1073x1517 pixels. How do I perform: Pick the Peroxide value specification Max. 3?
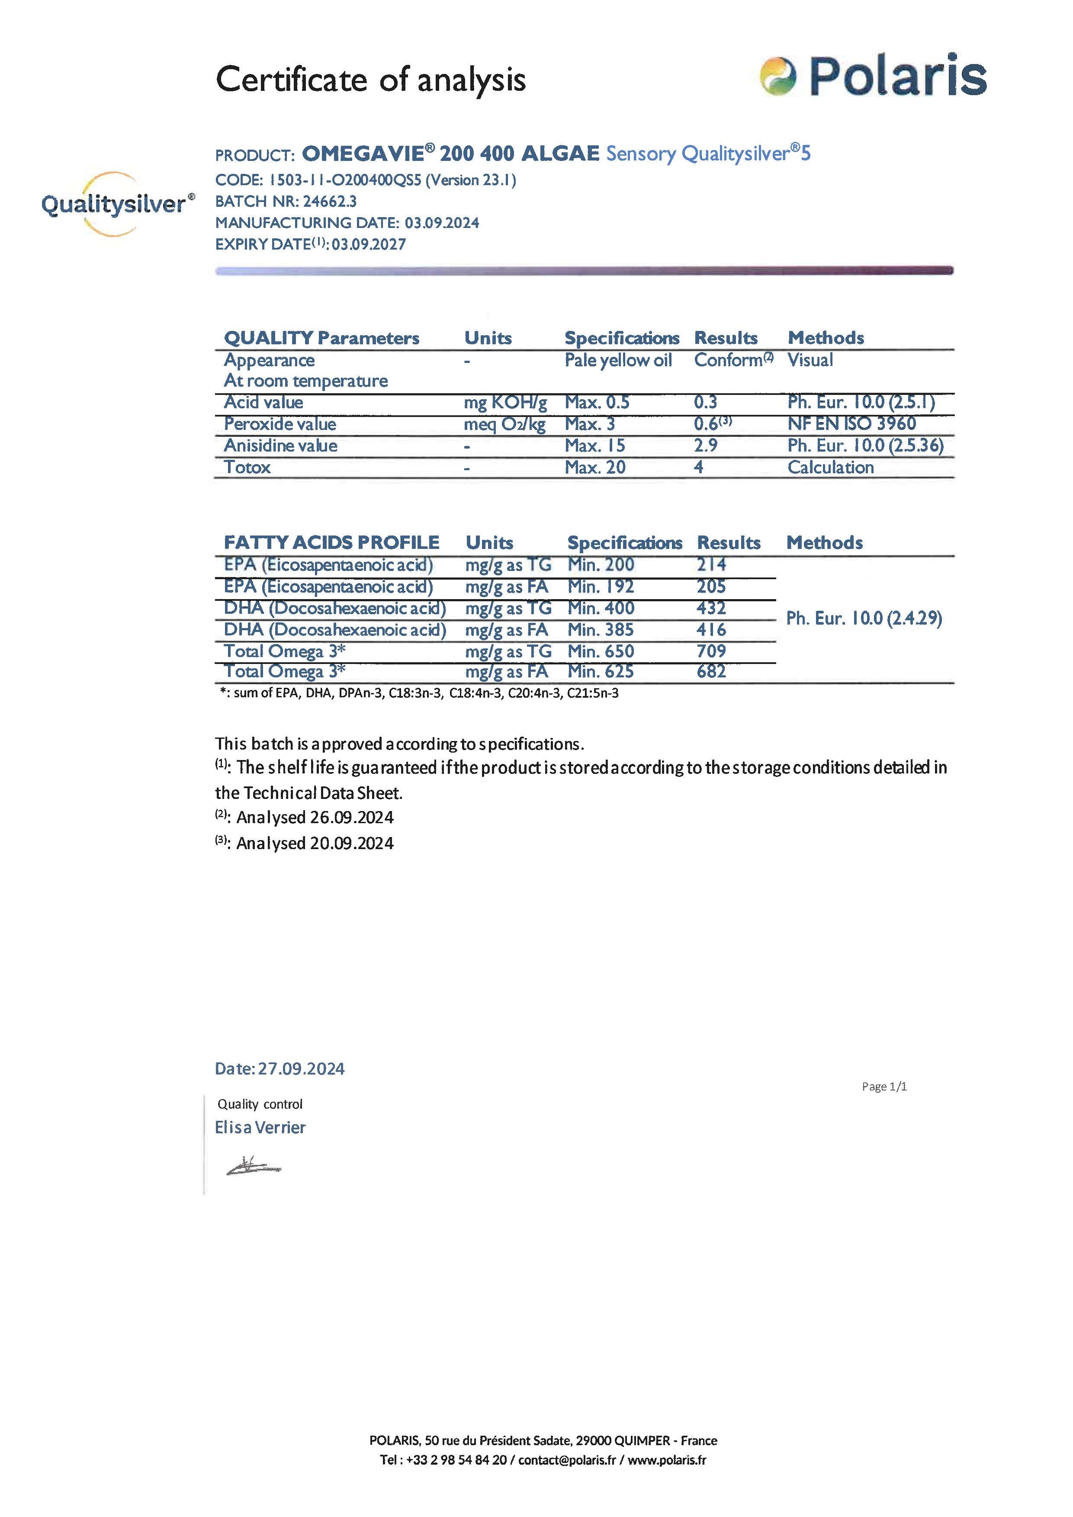[589, 424]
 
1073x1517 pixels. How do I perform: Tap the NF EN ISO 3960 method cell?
[851, 424]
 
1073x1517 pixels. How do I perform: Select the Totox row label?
[247, 467]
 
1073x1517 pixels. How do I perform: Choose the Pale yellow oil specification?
[618, 360]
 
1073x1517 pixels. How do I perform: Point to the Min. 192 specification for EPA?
[600, 586]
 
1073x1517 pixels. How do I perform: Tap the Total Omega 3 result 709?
[711, 651]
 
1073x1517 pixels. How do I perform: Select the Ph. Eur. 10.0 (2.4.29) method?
[864, 619]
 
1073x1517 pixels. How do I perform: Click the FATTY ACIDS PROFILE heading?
[331, 542]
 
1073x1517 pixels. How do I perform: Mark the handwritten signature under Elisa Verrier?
[253, 1167]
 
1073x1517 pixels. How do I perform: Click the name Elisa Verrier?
[260, 1127]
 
